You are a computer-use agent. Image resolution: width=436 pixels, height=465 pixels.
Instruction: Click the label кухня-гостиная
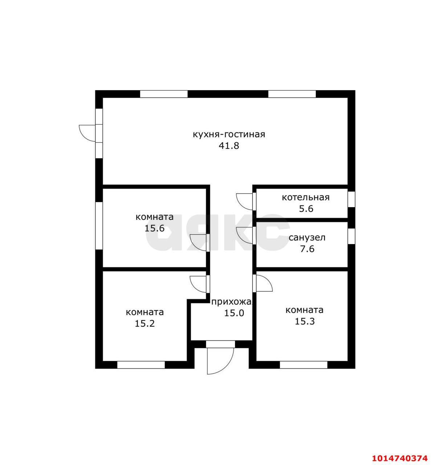point(229,134)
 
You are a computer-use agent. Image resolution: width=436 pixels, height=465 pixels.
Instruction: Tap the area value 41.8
point(229,146)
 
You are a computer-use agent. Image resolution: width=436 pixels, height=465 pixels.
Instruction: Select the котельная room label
point(306,197)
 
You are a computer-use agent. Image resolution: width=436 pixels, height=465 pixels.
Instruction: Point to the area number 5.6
point(306,209)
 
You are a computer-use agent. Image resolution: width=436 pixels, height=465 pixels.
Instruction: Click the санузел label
point(307,238)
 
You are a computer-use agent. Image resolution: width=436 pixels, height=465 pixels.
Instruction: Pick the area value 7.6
point(307,249)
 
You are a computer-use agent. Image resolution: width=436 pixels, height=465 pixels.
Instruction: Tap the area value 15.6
point(154,229)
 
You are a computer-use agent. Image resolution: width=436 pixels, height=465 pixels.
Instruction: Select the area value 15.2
point(145,323)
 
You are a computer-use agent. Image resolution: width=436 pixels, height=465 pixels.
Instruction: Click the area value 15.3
point(304,322)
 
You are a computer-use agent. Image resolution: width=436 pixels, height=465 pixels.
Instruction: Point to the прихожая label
point(231,302)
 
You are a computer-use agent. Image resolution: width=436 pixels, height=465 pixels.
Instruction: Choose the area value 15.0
point(234,313)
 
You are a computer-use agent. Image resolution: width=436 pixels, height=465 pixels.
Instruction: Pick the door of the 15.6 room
point(198,243)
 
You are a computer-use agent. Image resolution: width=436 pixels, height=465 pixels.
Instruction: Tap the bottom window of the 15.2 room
point(141,365)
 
